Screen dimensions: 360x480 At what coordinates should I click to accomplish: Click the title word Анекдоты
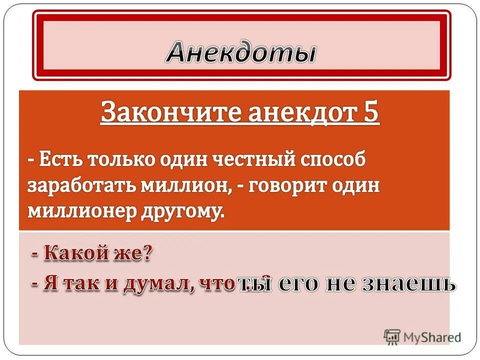(x=241, y=52)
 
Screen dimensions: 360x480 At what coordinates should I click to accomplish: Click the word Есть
(x=59, y=161)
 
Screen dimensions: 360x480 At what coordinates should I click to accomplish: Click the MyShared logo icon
(x=391, y=336)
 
